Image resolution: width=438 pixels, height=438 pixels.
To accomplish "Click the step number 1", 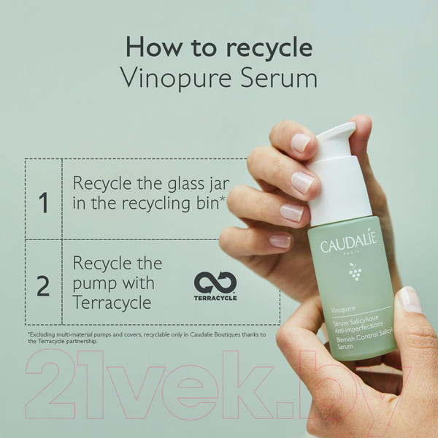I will click(x=43, y=203).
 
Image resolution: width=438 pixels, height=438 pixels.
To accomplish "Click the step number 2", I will click(x=43, y=285).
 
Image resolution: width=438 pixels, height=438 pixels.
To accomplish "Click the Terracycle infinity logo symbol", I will click(x=215, y=283).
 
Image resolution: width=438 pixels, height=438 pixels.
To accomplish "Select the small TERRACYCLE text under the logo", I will click(x=215, y=298).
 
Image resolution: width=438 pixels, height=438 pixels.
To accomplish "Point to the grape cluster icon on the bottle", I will click(x=356, y=272).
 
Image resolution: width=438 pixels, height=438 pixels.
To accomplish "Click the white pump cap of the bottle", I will click(x=338, y=175).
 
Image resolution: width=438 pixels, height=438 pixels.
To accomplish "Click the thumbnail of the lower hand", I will click(x=410, y=299).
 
